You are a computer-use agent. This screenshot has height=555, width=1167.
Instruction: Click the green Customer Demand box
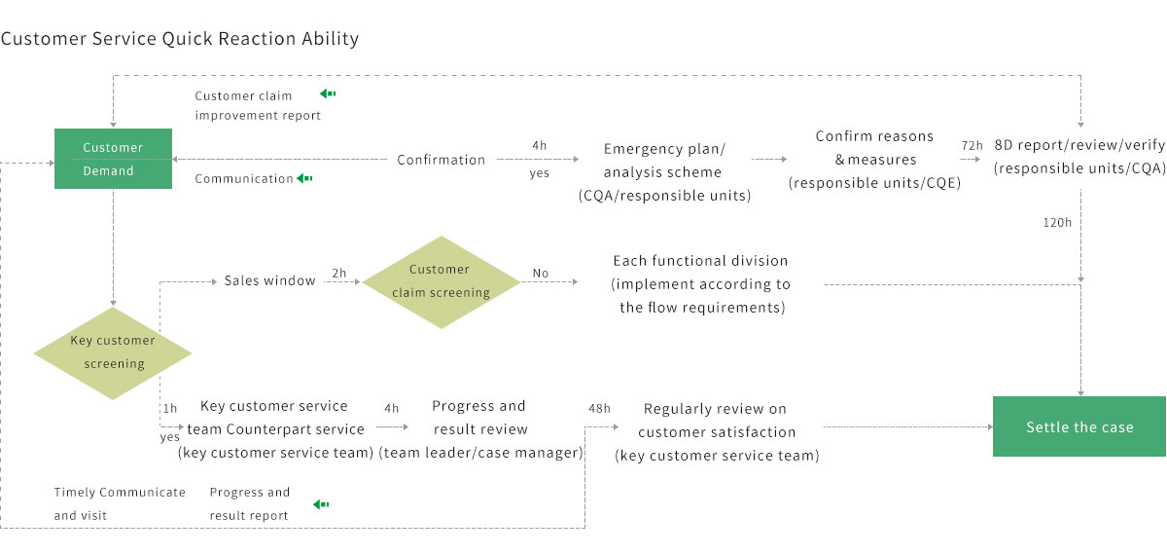(113, 160)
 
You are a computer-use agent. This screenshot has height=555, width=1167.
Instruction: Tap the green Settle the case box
(1079, 427)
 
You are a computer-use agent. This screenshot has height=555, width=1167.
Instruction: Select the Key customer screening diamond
(113, 352)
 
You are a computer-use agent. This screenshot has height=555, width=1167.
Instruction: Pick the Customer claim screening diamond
(440, 281)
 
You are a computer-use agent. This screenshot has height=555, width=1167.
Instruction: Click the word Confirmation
(441, 160)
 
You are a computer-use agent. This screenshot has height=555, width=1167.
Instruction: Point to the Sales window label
(269, 280)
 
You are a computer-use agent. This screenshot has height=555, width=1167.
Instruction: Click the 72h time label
(972, 145)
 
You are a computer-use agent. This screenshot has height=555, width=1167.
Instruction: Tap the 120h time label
(1056, 222)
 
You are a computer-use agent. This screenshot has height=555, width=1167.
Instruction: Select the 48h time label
(599, 409)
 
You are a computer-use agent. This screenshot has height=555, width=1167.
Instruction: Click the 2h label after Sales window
(338, 274)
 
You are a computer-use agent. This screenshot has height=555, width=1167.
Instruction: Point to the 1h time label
(170, 409)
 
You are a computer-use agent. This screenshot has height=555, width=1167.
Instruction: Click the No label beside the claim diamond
(541, 274)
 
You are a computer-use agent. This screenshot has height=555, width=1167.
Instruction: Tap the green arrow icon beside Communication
(305, 178)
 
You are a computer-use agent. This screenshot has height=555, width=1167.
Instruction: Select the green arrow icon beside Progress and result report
(321, 504)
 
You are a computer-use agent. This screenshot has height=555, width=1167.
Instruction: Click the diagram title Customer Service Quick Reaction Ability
(180, 39)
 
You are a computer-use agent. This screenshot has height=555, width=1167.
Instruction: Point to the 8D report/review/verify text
(1079, 145)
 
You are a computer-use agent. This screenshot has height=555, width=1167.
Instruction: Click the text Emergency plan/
(664, 149)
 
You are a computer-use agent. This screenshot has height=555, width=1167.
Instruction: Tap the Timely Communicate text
(120, 492)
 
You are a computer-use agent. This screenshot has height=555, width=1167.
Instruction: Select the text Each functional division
(700, 261)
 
